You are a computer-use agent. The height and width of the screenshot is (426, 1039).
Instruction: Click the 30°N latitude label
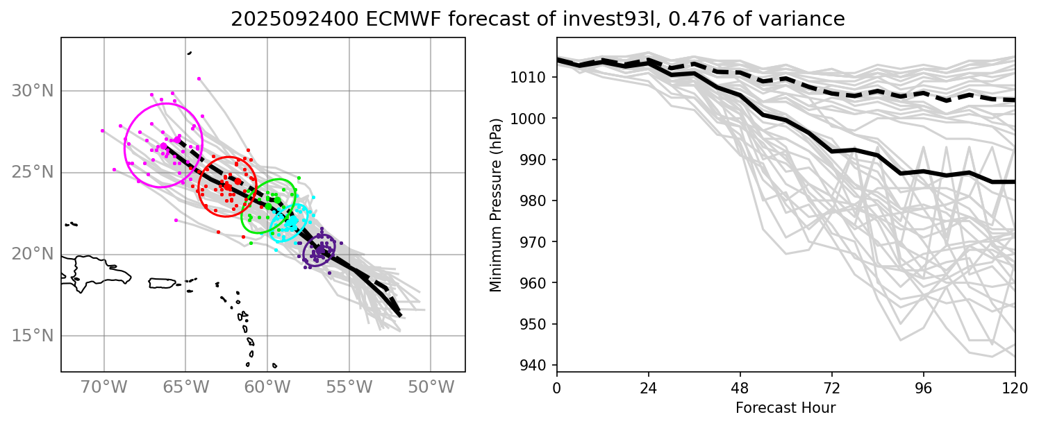[33, 91]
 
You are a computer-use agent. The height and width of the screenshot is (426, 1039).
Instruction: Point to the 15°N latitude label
[33, 336]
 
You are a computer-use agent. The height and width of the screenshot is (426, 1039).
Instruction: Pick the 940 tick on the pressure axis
[538, 365]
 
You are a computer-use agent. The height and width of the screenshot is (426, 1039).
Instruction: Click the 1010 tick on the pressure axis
[535, 77]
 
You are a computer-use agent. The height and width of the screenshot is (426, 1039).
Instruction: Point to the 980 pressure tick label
[538, 201]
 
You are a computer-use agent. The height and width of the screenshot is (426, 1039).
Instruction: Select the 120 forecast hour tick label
[1015, 388]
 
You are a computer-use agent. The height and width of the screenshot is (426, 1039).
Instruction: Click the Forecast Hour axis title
[786, 408]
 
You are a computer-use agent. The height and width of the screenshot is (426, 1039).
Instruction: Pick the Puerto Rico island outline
[163, 283]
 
